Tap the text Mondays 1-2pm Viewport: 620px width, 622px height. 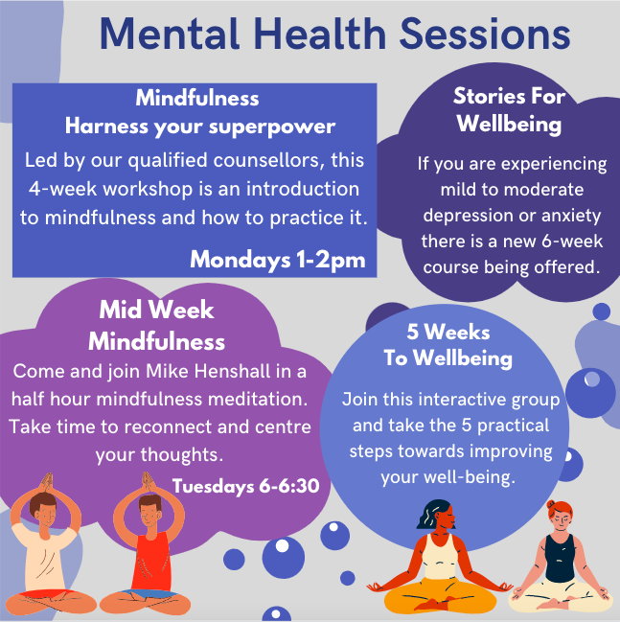click(277, 259)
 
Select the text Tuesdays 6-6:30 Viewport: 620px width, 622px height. click(245, 486)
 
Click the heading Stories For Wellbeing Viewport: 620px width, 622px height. click(509, 110)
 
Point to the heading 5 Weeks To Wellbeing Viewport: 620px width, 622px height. click(448, 346)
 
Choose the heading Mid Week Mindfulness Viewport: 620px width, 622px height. click(157, 325)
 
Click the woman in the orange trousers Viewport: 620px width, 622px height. click(441, 565)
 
